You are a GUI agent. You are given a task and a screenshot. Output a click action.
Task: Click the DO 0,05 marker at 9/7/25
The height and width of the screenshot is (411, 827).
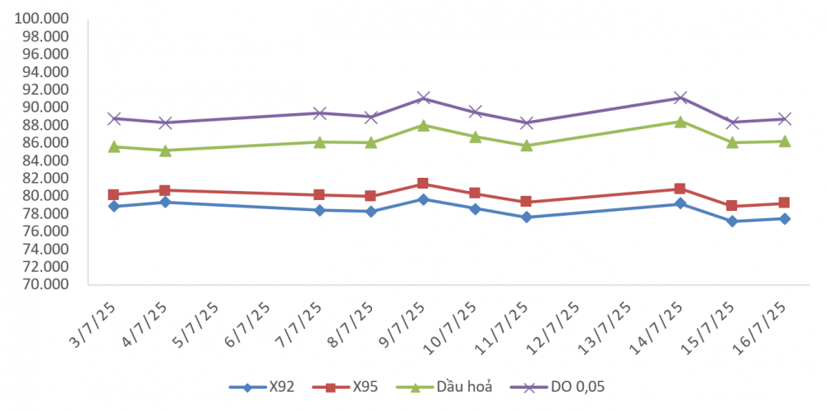423,98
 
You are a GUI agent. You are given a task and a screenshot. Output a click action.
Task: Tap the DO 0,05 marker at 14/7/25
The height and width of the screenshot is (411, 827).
680,98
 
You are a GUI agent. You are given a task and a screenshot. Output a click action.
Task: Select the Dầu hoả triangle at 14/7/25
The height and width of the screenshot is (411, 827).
680,122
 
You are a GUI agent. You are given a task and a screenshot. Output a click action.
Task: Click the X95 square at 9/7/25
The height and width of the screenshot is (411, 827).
423,184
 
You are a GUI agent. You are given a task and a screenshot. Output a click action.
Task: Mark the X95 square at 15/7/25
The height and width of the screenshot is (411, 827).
732,206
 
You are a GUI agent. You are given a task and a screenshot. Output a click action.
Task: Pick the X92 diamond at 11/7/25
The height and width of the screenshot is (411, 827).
526,217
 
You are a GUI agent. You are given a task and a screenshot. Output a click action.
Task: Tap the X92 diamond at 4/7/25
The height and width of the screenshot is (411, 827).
165,202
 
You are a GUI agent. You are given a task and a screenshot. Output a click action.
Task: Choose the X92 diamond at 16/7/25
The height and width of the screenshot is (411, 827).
783,219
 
